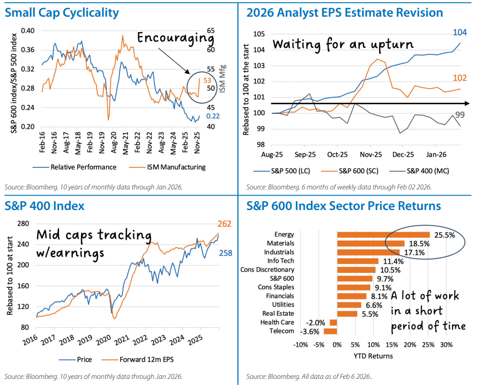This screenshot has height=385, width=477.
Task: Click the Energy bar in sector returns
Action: tap(383, 234)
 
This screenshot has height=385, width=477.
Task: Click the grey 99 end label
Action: tap(461, 114)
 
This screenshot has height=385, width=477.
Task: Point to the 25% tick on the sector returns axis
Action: tap(428, 344)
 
